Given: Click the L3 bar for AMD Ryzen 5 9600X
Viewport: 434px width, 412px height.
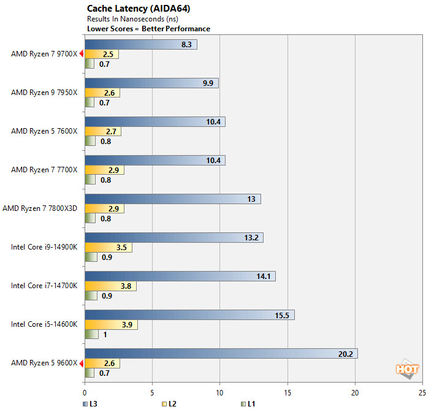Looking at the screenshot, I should (221, 353).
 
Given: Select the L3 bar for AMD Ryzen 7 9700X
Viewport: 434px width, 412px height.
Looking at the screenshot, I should (140, 44).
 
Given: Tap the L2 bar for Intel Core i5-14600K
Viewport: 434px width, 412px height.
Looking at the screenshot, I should (111, 325).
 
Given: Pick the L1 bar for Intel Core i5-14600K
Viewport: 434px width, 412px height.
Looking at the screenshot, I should (91, 335).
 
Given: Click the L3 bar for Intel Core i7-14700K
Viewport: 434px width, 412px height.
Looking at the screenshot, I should (180, 276).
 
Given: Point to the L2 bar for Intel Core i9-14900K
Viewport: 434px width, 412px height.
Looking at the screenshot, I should (108, 248).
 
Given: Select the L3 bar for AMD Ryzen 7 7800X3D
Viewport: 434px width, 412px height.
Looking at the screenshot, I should (172, 199).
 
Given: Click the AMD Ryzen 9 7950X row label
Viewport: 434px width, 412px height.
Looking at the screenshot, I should (44, 93).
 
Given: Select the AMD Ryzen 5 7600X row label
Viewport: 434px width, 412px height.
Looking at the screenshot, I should (44, 131).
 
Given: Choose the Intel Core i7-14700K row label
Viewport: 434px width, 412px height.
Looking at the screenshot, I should (44, 286).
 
